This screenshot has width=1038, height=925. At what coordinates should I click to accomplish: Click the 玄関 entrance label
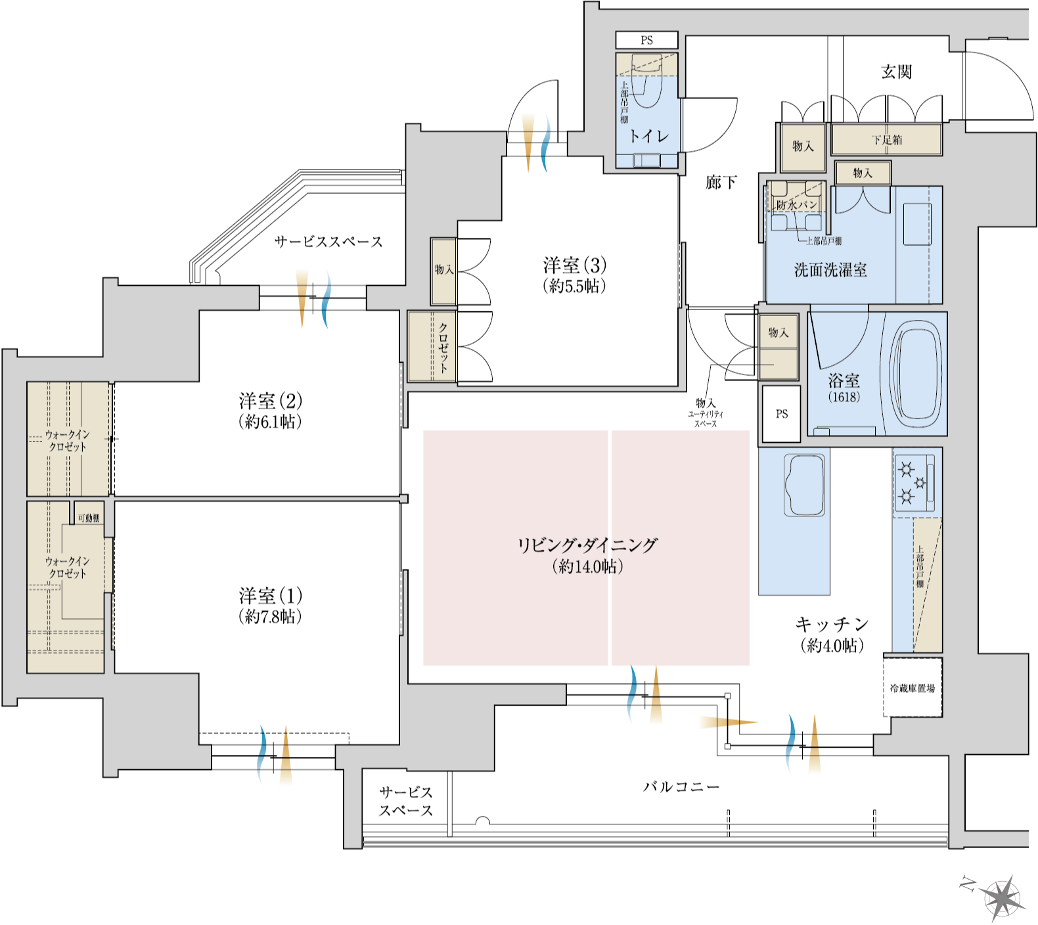click(x=896, y=72)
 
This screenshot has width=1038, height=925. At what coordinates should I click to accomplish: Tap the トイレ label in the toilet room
click(x=648, y=136)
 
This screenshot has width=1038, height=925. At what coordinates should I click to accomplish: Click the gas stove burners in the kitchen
click(x=914, y=482)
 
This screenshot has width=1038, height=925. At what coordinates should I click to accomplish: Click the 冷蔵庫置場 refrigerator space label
click(x=912, y=688)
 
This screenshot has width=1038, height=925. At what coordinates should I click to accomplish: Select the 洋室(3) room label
click(x=575, y=265)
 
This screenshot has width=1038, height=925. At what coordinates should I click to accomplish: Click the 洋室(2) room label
click(x=270, y=401)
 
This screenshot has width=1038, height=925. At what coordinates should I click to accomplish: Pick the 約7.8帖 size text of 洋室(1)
click(x=270, y=616)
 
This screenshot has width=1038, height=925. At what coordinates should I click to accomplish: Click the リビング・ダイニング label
click(x=587, y=545)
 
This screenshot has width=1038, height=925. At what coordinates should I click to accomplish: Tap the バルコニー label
click(x=681, y=786)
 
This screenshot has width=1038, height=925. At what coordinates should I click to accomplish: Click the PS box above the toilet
click(x=646, y=40)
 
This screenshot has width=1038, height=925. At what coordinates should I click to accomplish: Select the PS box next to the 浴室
click(x=781, y=414)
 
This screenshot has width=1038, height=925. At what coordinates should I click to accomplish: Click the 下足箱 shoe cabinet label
click(x=886, y=140)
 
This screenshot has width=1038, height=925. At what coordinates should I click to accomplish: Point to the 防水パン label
click(x=796, y=205)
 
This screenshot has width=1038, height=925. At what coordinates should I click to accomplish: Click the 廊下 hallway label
click(x=721, y=183)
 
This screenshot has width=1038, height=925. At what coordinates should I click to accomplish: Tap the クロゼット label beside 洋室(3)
click(x=443, y=347)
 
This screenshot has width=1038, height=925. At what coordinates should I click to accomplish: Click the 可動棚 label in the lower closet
click(x=89, y=518)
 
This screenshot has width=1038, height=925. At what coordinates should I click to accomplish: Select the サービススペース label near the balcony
click(x=405, y=801)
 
